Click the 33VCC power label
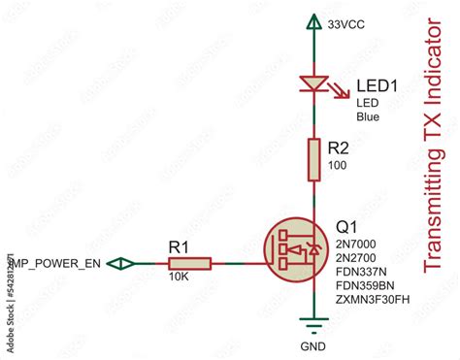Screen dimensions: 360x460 [x=345, y=22]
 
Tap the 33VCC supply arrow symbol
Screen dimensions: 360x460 [x=312, y=21]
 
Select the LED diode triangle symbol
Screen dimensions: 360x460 [x=312, y=84]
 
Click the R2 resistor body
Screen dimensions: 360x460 [x=312, y=159]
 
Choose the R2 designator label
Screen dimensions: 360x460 [x=339, y=149]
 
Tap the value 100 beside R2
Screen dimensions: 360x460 [x=338, y=166]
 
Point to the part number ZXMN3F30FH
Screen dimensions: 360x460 [x=372, y=301]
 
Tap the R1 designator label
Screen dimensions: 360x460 [x=181, y=246]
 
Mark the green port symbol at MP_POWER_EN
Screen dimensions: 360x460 [x=121, y=263]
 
